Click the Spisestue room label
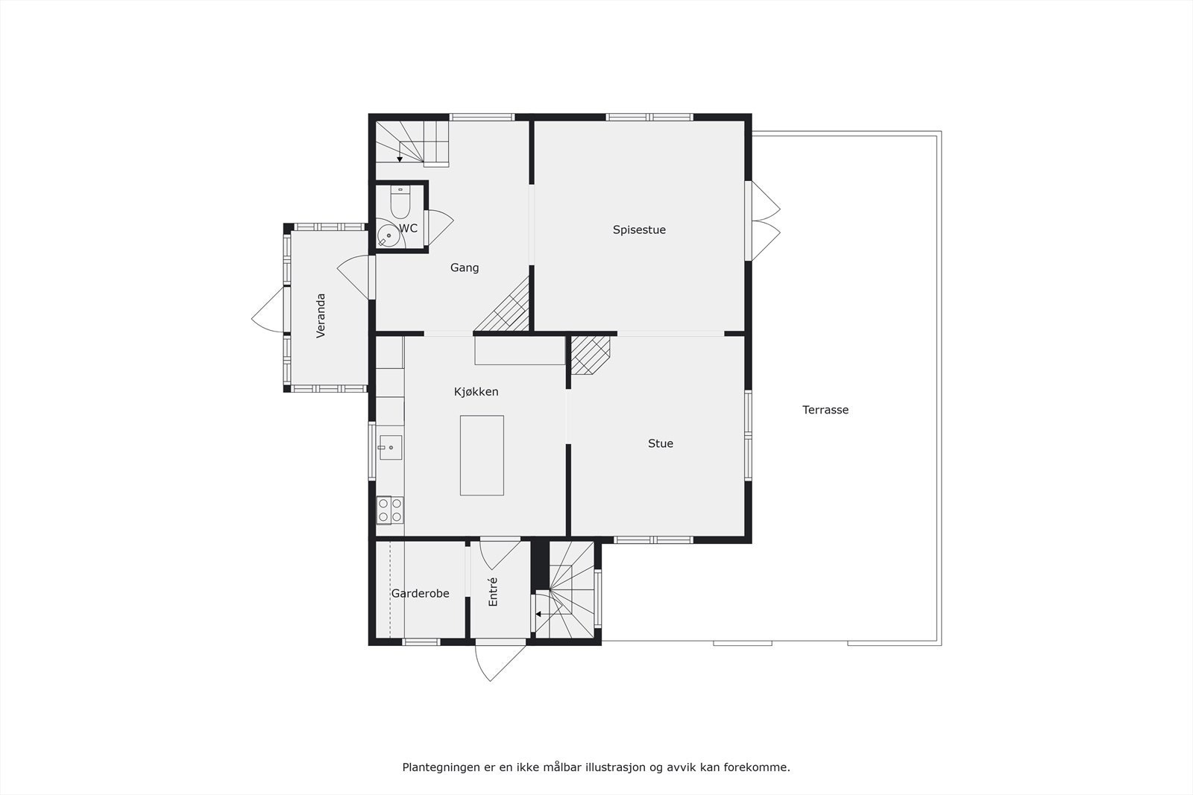639,229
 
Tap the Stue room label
660,443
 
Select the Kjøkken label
476,391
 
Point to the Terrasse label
825,410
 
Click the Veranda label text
321,316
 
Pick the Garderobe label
420,594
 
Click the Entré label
493,592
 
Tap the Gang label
464,267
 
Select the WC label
408,229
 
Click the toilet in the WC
400,201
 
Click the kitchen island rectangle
482,455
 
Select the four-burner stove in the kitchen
389,510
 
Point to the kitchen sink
390,447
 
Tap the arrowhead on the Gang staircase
400,159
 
